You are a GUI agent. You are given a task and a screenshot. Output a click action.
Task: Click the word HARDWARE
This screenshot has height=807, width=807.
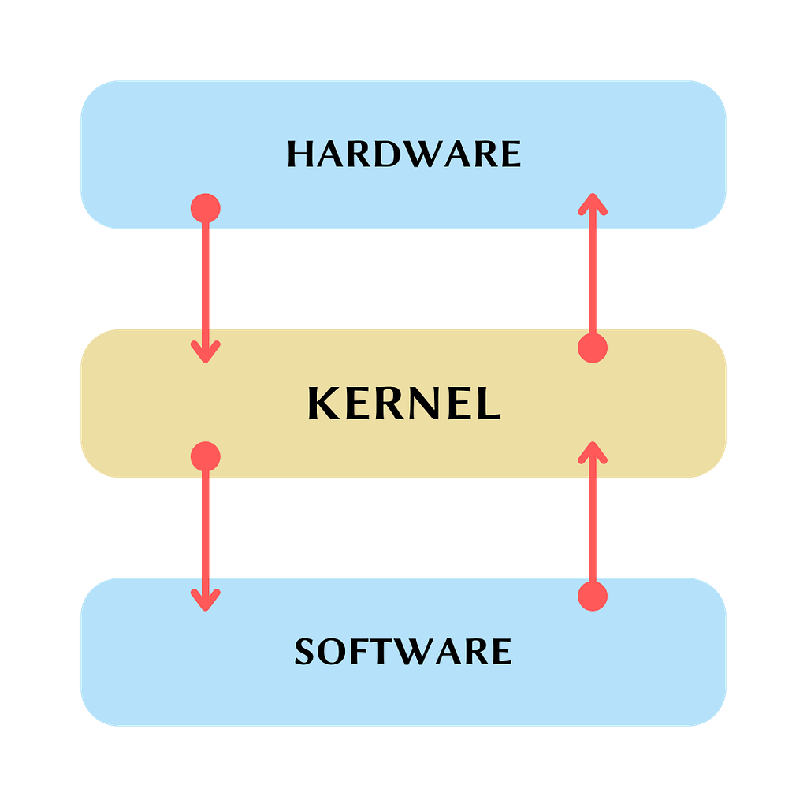(x=404, y=154)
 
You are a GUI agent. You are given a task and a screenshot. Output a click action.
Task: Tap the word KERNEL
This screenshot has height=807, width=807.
(x=404, y=403)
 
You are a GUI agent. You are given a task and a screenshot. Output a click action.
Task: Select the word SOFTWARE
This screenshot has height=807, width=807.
(x=403, y=651)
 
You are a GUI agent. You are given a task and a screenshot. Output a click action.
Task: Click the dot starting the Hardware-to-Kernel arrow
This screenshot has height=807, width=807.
(x=206, y=208)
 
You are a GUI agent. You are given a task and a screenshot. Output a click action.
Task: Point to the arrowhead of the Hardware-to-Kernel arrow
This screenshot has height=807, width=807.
(x=206, y=351)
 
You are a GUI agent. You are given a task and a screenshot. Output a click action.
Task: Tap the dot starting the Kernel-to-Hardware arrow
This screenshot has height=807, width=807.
(x=593, y=348)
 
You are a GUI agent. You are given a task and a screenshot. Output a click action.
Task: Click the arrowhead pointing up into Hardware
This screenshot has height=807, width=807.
(x=593, y=204)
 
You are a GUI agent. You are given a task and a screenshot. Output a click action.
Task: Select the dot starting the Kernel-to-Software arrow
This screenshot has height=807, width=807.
(x=206, y=456)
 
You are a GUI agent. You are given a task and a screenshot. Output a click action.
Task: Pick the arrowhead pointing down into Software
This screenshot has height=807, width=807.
(x=206, y=600)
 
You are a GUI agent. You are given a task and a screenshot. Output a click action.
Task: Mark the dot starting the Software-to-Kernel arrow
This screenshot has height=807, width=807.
(x=593, y=597)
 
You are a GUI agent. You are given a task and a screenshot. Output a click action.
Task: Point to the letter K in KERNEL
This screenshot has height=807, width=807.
(x=324, y=403)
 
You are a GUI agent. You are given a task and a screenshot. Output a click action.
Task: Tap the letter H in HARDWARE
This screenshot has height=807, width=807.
(x=300, y=154)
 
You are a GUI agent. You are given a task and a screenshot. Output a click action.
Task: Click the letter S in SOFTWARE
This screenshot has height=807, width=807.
(x=304, y=652)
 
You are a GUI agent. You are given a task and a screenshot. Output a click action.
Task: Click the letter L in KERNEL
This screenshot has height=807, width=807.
(x=489, y=403)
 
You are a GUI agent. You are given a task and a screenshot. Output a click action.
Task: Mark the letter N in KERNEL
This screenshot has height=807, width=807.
(x=421, y=403)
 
